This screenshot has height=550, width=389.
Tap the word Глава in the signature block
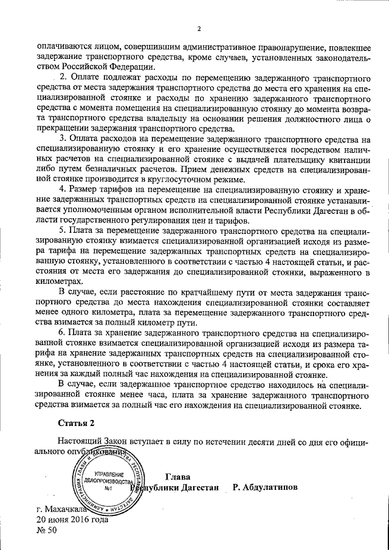coord(177,476)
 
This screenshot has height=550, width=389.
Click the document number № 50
coord(46,531)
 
